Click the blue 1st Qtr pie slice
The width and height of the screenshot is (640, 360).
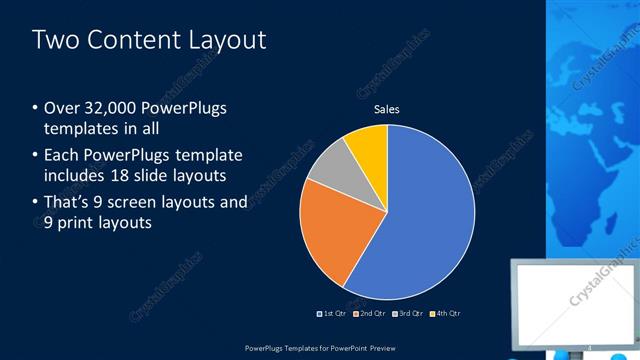[420, 220]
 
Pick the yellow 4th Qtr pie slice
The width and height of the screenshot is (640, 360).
[368, 145]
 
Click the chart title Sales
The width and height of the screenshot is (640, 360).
[387, 109]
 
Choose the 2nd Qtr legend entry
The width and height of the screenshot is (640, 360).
[369, 315]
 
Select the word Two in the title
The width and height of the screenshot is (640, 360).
[54, 40]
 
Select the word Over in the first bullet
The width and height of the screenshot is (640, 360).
[62, 108]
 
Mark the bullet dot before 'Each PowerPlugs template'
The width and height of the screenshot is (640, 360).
[36, 156]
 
